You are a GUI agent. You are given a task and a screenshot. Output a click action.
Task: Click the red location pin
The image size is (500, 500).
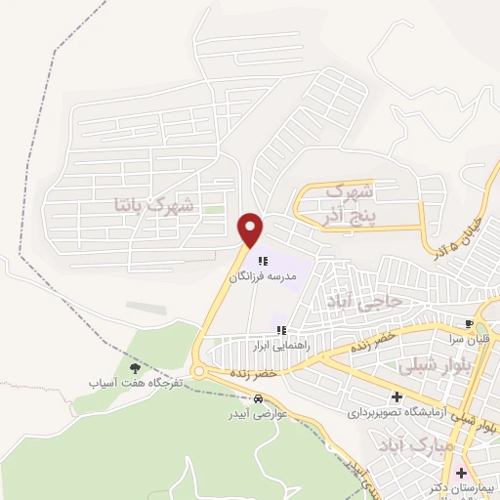(251, 229)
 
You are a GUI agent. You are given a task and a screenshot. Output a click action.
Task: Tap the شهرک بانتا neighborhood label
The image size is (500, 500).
(155, 205)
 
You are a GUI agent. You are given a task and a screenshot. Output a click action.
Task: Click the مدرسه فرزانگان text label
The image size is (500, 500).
(262, 277)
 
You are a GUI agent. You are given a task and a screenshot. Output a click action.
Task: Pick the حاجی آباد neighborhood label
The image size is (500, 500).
(366, 303)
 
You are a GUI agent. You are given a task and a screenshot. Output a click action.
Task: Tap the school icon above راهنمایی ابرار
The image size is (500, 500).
(281, 330)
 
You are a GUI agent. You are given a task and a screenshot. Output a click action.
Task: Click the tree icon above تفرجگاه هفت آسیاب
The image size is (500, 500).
(134, 367)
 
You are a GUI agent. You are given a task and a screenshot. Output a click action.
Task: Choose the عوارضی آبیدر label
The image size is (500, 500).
(257, 413)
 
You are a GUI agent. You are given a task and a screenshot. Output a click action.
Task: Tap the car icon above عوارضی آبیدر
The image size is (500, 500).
(257, 399)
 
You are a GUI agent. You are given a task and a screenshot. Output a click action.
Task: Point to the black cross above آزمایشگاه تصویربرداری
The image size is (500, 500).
(396, 397)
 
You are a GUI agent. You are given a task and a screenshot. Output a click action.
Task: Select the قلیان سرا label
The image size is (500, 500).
(470, 338)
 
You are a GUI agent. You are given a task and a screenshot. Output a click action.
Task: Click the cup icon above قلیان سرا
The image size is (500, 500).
(470, 324)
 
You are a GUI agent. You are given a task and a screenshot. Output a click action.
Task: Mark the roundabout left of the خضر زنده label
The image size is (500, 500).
(198, 372)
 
